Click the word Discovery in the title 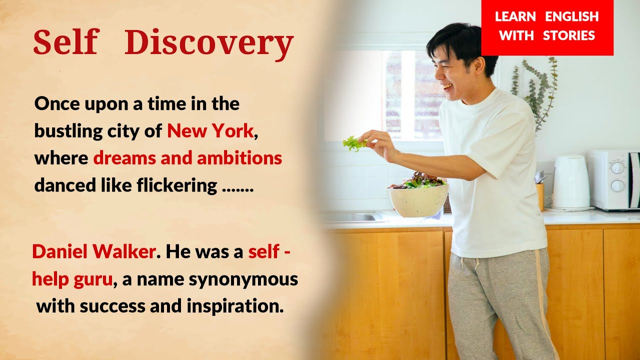coord(209,43)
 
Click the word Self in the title coord(66,41)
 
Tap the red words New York coord(210,131)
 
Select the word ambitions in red coord(239,158)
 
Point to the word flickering coord(177,185)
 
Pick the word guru coord(93,279)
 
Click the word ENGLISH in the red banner coord(571,16)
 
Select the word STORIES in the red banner coord(569,35)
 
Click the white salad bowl coord(418,200)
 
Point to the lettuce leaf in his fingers coord(354,143)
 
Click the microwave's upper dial coord(617,167)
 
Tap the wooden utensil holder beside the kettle coord(540,196)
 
